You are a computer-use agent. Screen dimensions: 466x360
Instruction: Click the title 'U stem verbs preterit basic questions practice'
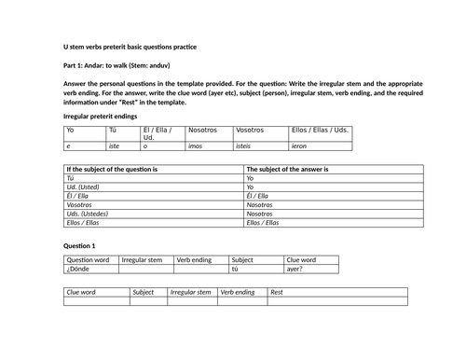coord(130,46)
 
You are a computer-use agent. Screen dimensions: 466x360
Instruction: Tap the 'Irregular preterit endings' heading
coord(99,114)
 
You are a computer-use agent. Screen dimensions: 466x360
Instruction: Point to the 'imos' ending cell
coord(195,146)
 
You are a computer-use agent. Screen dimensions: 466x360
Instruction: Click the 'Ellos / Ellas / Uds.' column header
coord(321,132)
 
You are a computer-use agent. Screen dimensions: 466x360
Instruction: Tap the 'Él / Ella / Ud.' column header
coord(160,134)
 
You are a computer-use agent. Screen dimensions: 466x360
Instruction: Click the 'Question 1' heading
coord(78,244)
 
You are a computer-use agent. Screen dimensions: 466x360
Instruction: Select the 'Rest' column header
coord(277,292)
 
